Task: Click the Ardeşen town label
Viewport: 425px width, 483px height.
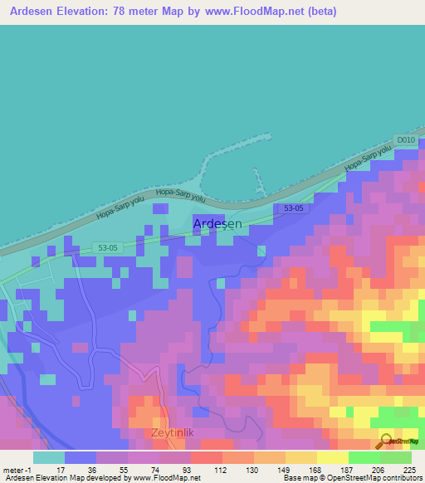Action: (217, 224)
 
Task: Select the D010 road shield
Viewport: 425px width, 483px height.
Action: (406, 140)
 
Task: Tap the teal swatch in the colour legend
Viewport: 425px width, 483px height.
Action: (48, 457)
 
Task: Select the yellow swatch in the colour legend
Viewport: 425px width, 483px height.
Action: (332, 457)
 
